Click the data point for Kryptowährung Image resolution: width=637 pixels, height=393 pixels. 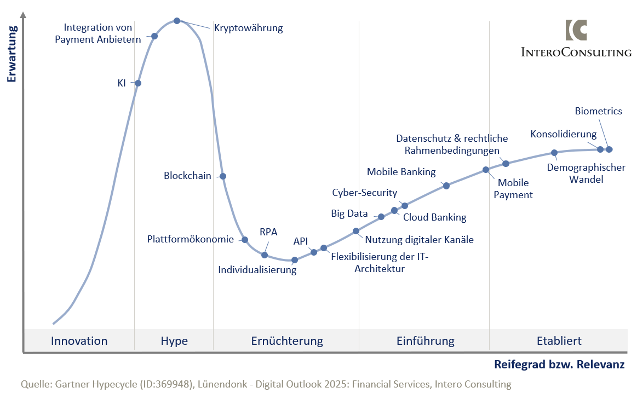click(177, 21)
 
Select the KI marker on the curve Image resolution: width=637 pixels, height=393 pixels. click(138, 83)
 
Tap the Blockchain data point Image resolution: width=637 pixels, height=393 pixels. click(223, 176)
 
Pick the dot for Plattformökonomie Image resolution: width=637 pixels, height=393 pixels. click(245, 240)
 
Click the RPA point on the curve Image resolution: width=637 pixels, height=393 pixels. click(265, 255)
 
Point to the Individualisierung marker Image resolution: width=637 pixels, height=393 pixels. click(295, 260)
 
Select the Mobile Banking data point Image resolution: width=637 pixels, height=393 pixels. click(446, 186)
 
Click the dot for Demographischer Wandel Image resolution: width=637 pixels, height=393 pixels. click(554, 153)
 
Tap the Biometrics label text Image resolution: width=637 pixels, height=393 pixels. click(598, 111)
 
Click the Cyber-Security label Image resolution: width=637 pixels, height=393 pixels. click(364, 193)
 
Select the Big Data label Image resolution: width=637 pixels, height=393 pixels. click(349, 213)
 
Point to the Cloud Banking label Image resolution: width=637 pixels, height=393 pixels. click(434, 217)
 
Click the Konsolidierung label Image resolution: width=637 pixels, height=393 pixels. click(563, 134)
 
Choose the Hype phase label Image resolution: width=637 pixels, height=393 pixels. click(174, 341)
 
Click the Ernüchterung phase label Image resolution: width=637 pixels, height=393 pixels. click(287, 341)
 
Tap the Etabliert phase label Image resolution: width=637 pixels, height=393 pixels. click(559, 341)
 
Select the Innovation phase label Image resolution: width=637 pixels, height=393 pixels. click(79, 341)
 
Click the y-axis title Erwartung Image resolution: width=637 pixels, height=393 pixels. click(12, 53)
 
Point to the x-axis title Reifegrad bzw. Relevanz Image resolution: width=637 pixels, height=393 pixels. click(559, 365)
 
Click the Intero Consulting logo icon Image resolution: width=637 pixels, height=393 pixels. click(576, 30)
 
